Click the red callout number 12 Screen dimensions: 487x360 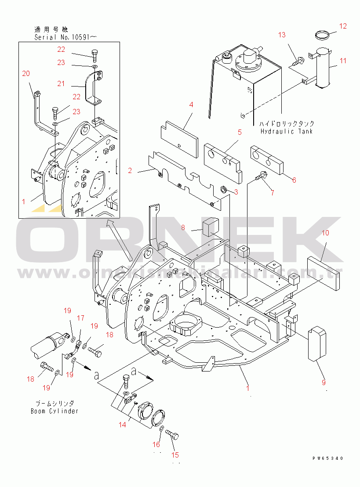pyautogui.click(x=343, y=26)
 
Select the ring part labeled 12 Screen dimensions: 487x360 pyautogui.click(x=324, y=34)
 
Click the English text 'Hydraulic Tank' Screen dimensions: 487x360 pyautogui.click(x=286, y=131)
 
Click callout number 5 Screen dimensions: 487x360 pyautogui.click(x=240, y=132)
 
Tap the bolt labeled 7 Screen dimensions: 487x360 pyautogui.click(x=260, y=177)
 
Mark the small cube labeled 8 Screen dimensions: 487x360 pyautogui.click(x=211, y=226)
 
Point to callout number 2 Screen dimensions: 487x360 pyautogui.click(x=130, y=170)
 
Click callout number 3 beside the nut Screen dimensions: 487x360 pyautogui.click(x=236, y=191)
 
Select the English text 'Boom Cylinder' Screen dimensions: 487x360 pyautogui.click(x=55, y=411)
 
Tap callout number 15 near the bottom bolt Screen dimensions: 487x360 pyautogui.click(x=175, y=455)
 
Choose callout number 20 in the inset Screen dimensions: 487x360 pyautogui.click(x=26, y=73)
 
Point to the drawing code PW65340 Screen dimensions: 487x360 pyautogui.click(x=327, y=458)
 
